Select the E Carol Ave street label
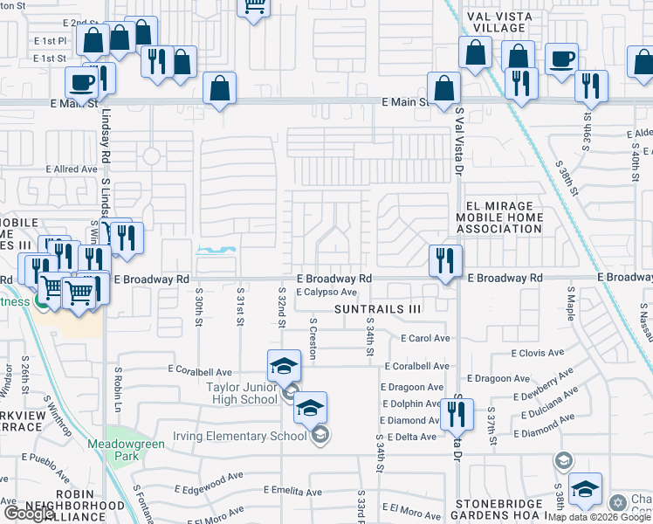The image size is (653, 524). [425, 338]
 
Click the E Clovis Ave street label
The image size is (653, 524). [538, 353]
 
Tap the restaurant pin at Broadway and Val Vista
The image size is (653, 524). [445, 261]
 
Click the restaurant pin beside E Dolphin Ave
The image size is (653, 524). [457, 415]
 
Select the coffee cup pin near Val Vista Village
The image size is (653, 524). [561, 59]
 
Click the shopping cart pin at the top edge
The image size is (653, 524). [253, 7]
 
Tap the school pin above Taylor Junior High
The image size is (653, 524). [284, 366]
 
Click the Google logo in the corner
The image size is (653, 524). [29, 514]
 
